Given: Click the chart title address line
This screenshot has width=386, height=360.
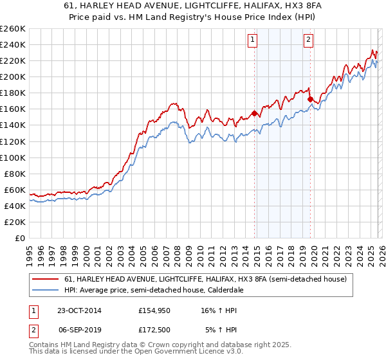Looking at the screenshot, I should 192,6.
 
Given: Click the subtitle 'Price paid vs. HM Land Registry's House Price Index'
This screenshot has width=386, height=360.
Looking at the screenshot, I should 192,17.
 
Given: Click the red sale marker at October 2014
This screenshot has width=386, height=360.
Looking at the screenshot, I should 255,113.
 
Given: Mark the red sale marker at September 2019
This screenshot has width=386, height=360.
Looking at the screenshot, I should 310,99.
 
